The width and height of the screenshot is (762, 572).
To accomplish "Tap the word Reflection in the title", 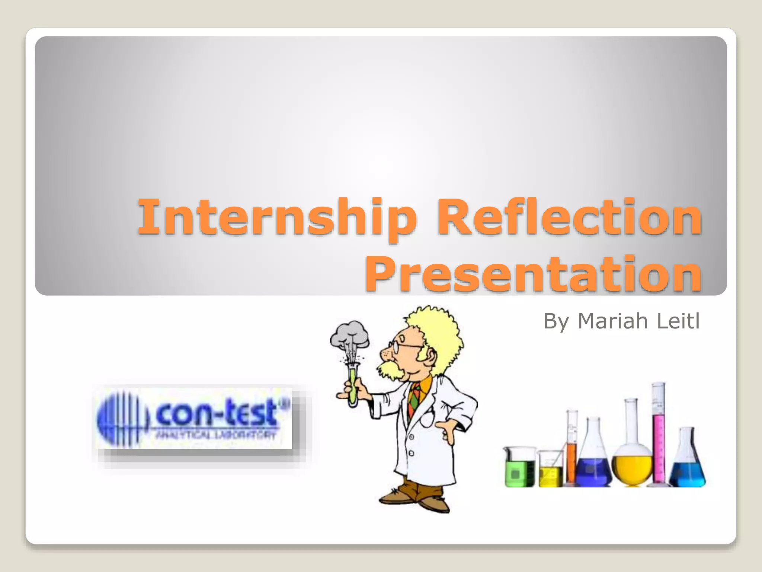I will click(x=569, y=217).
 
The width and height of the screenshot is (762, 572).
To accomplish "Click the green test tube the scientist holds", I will click(x=352, y=384).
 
